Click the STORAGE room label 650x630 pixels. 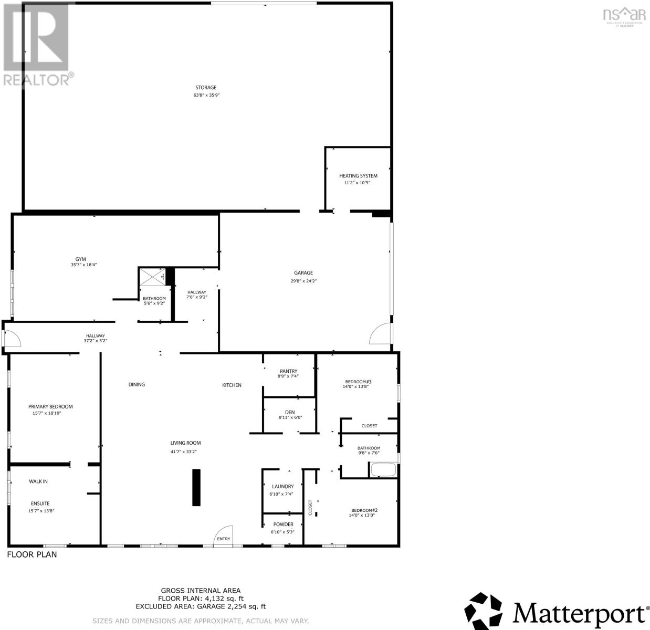pos(206,88)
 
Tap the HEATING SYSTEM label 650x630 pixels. pos(358,176)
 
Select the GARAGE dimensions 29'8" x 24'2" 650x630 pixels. pos(303,281)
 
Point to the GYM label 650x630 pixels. pos(80,259)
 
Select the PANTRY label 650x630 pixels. pos(289,371)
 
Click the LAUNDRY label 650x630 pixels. pos(282,487)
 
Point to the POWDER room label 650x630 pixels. pos(283,524)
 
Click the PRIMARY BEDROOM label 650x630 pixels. pos(50,406)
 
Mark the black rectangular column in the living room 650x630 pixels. pos(196,487)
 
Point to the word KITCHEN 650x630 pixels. pos(232,385)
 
